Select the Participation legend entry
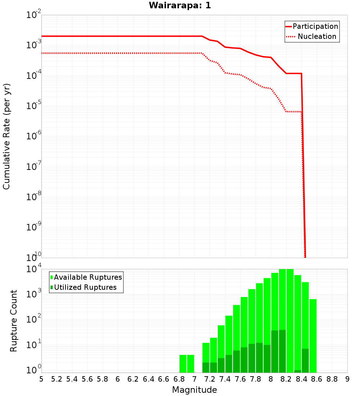tap(315, 26)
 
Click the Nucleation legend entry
tap(317, 36)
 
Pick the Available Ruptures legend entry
tap(88, 277)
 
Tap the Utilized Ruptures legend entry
tap(85, 287)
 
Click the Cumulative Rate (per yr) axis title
tap(6, 136)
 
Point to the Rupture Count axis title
tap(14, 321)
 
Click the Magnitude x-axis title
tap(194, 390)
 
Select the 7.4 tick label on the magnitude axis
tap(225, 379)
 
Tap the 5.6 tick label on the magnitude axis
tap(87, 379)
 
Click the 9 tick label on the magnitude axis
tap(347, 379)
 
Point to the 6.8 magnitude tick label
tap(179, 379)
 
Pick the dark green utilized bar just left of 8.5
tap(305, 360)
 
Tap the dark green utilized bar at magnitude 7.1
tap(206, 368)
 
